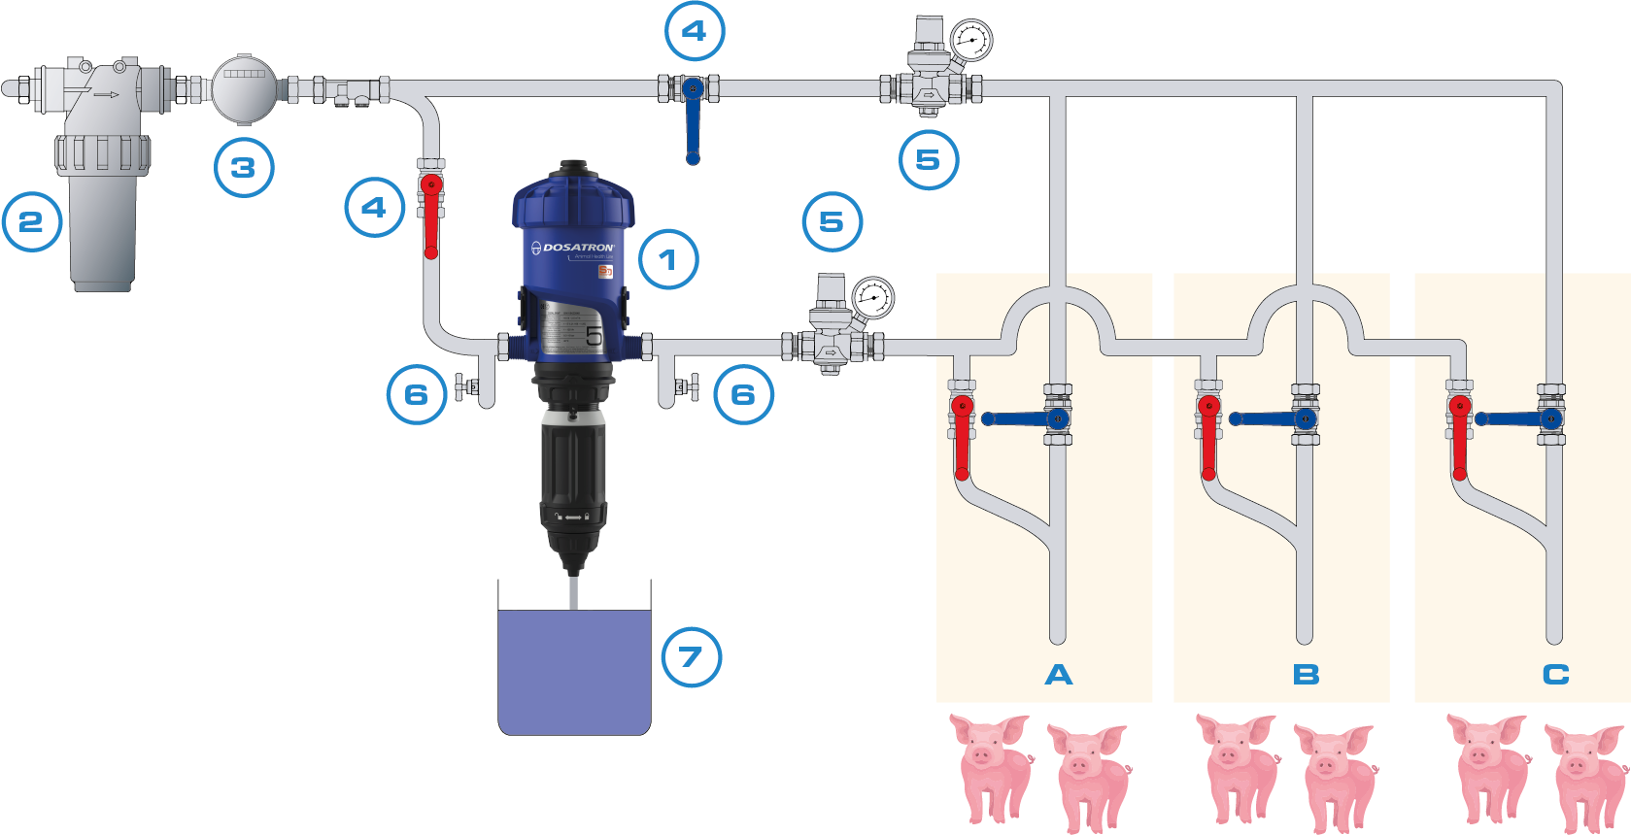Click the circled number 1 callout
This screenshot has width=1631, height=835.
(x=668, y=259)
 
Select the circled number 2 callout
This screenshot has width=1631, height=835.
(x=32, y=221)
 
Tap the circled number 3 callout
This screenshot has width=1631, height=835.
(x=243, y=167)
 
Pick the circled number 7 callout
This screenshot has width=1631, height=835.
(x=691, y=657)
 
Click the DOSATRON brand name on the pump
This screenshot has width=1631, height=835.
(x=578, y=248)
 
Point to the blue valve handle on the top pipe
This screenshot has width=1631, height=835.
(x=692, y=126)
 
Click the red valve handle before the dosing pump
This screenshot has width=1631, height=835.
(x=431, y=218)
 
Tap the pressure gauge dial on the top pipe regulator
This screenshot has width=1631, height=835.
(x=969, y=41)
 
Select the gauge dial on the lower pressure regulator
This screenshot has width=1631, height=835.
(x=873, y=298)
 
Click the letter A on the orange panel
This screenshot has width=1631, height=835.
(x=1059, y=675)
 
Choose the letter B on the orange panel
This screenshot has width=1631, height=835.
(x=1306, y=675)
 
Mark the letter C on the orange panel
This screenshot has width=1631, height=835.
(x=1555, y=675)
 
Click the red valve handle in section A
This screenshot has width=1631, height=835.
(x=962, y=437)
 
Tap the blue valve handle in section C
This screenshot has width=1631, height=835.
(x=1511, y=419)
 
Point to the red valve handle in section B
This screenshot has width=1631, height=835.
(x=1208, y=437)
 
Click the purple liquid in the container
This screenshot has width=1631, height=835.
(x=574, y=670)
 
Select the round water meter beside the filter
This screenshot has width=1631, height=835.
(x=244, y=88)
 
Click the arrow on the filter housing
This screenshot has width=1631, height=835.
(x=106, y=94)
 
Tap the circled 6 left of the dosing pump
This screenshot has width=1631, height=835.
(x=417, y=394)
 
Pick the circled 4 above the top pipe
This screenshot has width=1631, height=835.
(x=694, y=31)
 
